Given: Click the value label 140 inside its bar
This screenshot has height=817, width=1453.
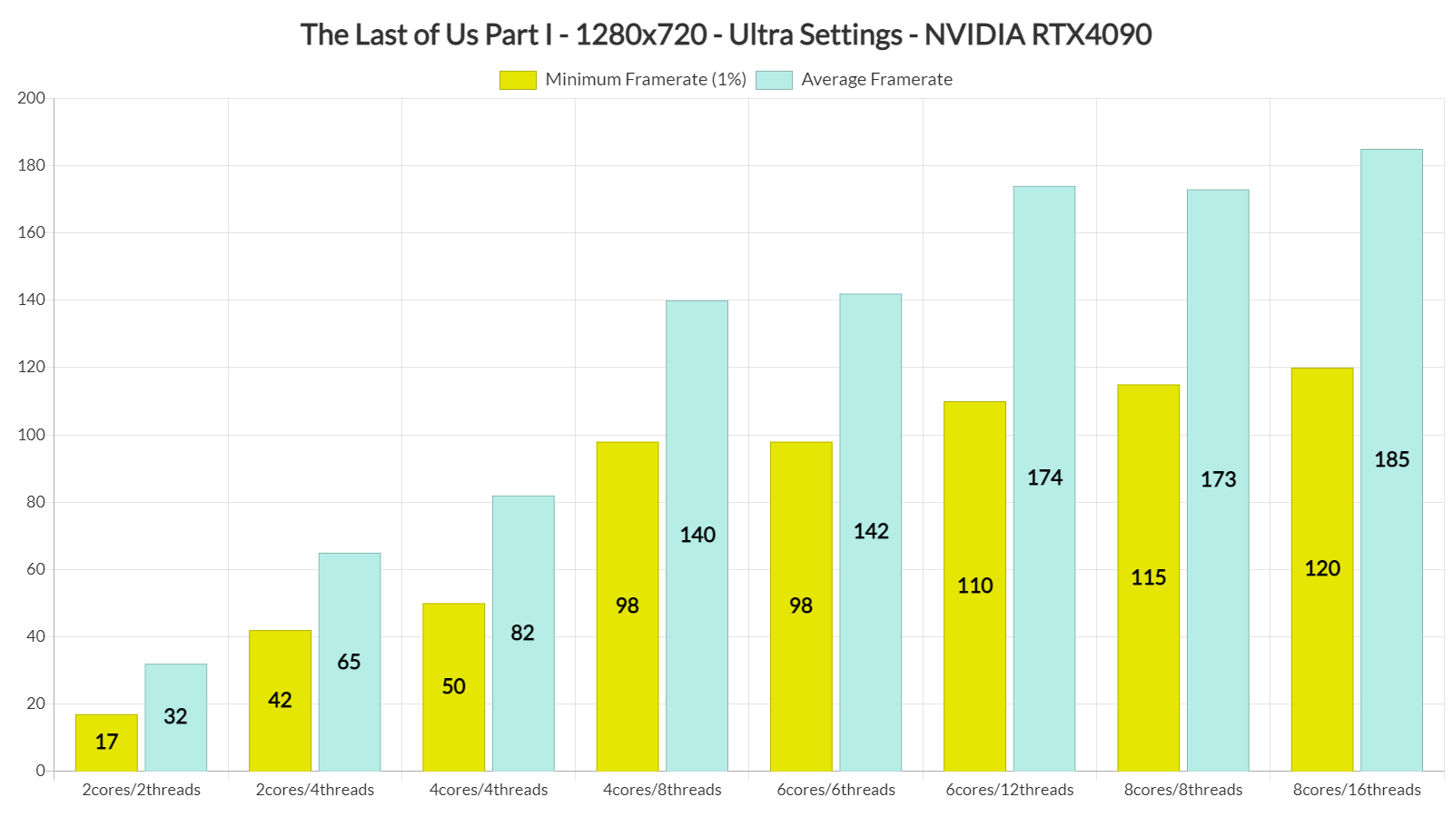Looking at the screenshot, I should [x=697, y=535].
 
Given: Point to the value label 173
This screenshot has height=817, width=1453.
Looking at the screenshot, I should [x=1218, y=479].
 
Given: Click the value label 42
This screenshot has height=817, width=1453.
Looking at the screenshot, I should [x=280, y=700].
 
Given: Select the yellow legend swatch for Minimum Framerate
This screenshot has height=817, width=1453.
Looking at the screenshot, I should [x=518, y=80].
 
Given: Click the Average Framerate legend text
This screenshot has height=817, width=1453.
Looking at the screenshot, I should [x=876, y=80].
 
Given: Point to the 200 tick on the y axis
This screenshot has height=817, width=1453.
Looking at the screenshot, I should [x=31, y=98].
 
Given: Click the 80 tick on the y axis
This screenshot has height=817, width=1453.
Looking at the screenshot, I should [x=35, y=502].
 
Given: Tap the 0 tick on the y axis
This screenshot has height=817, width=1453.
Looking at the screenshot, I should [x=40, y=771].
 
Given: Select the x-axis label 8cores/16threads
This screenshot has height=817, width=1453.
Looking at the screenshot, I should [x=1357, y=790].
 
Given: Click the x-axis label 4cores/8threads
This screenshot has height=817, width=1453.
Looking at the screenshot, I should [x=662, y=790].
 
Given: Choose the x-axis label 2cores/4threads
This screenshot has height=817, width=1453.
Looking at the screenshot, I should [x=315, y=790].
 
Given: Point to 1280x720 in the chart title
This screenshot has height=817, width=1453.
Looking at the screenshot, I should [x=641, y=34].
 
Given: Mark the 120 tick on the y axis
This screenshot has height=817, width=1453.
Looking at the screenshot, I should [x=31, y=368].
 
